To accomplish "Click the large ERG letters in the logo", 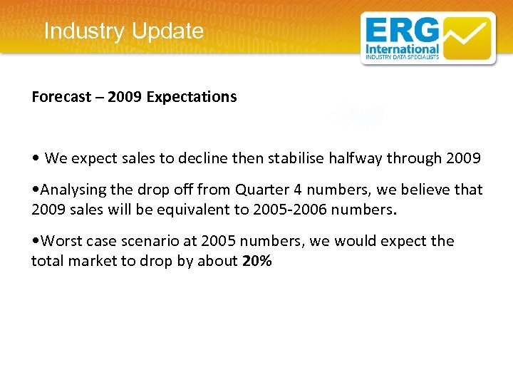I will (403, 31).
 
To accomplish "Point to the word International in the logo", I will (401, 50).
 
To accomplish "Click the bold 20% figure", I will (257, 262).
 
